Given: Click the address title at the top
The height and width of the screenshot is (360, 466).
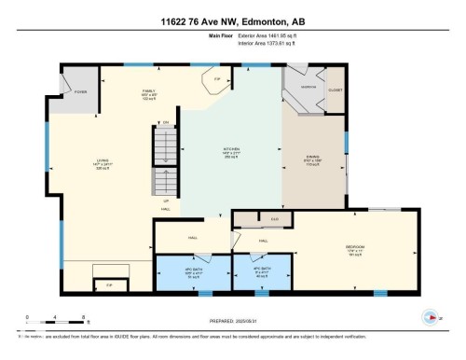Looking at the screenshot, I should point(233,20).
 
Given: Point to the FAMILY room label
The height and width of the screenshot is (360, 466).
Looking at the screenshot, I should point(122,94).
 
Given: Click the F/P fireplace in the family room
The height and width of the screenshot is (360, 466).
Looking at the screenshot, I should point(216,80).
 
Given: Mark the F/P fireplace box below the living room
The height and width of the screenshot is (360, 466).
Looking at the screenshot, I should point(109,283).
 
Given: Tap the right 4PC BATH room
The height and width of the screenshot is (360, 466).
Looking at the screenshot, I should point(262,273).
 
